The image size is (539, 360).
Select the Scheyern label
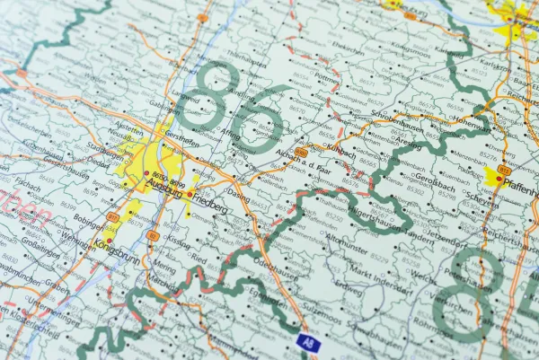click(475, 201)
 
